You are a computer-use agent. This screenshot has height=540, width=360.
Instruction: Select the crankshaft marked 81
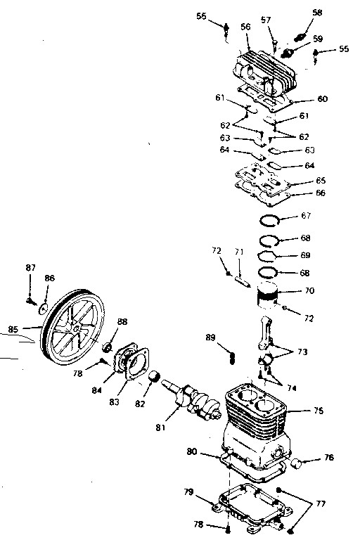tap(191, 399)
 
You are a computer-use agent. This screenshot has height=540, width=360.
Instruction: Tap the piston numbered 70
tap(268, 296)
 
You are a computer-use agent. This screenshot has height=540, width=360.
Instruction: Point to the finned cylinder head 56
tap(264, 72)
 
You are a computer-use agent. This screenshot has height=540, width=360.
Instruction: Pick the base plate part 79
tap(250, 506)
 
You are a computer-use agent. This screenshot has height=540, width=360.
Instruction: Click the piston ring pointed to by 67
tap(269, 220)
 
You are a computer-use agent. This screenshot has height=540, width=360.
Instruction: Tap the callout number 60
tap(322, 99)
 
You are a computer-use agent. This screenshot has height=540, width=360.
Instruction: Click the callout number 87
tap(31, 267)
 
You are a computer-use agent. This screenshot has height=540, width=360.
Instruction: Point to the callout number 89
tap(210, 337)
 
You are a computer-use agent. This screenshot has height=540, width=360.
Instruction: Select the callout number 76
tap(329, 457)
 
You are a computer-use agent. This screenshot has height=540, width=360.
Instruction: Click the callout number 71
tap(239, 252)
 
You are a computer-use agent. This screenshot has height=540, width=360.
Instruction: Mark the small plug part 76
tap(297, 463)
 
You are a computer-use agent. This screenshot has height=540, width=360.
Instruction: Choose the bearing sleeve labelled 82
tap(154, 376)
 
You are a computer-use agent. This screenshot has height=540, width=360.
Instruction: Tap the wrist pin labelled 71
tap(243, 281)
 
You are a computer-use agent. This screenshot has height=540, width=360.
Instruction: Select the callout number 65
tap(321, 181)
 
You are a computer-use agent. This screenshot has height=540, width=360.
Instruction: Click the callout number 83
tap(114, 402)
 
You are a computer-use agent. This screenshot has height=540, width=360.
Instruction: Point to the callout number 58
tap(317, 13)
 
